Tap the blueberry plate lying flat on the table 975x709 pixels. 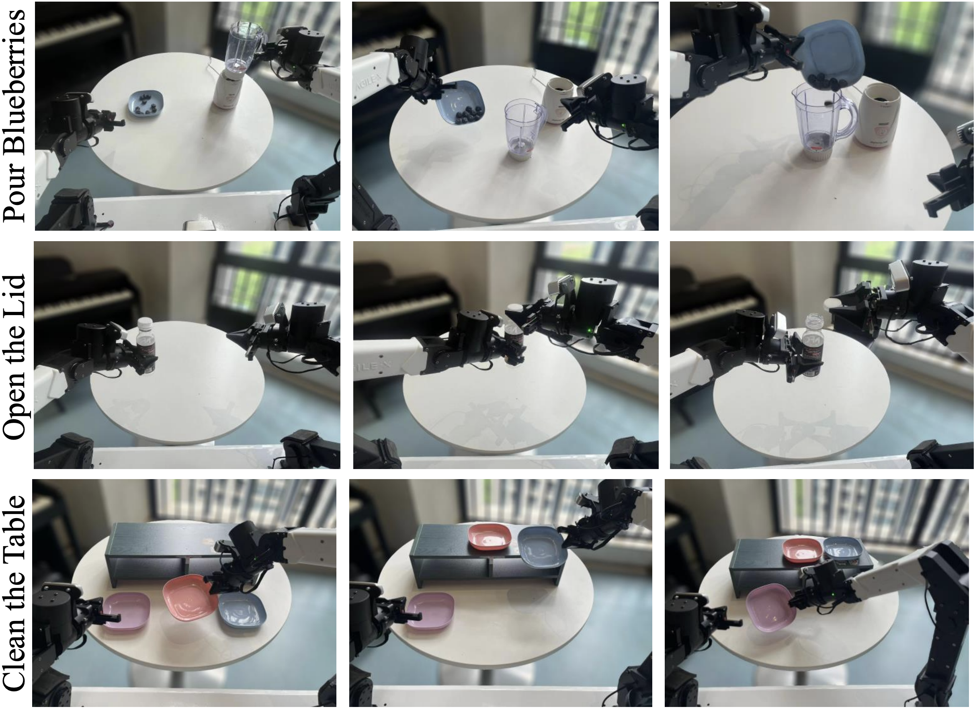147,103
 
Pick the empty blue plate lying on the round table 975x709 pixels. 242,611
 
